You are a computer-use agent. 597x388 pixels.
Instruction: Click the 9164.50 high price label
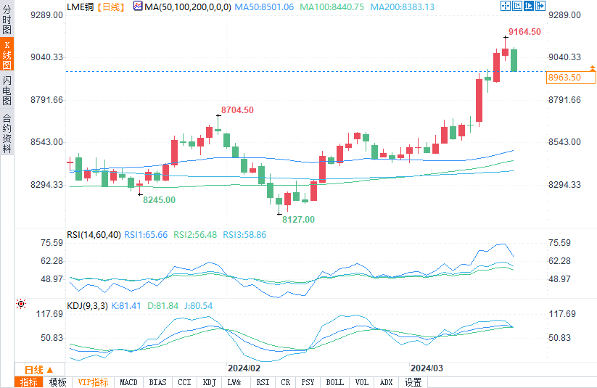[x=524, y=32]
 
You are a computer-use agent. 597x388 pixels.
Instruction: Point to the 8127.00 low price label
[x=298, y=219]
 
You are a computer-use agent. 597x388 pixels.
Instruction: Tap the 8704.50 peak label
[x=238, y=110]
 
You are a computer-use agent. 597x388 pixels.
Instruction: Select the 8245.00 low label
[x=159, y=199]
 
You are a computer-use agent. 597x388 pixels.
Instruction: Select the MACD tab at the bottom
[x=128, y=382]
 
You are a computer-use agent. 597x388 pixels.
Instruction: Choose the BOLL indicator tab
[x=334, y=382]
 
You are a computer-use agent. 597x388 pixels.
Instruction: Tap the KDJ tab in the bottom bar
[x=209, y=382]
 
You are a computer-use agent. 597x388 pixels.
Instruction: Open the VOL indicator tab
[x=362, y=382]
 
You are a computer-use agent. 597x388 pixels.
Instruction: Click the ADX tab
[x=386, y=382]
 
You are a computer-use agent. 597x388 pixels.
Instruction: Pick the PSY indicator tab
[x=308, y=382]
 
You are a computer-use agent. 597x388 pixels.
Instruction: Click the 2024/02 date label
[x=244, y=368]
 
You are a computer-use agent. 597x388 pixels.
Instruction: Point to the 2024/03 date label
[x=426, y=368]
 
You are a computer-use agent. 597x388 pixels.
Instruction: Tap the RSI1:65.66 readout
[x=146, y=235]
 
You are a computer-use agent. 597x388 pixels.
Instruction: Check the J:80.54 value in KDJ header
[x=197, y=306]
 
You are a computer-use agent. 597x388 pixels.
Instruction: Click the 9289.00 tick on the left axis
[x=45, y=15]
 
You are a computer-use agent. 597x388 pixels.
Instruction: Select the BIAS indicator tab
[x=157, y=382]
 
